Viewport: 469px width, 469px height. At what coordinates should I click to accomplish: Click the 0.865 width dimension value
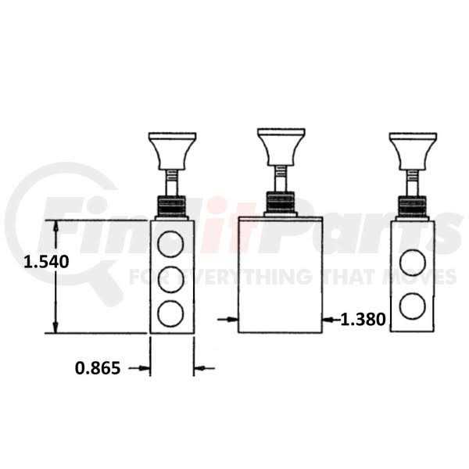point(98,367)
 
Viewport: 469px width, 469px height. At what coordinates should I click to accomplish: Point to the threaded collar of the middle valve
point(280,203)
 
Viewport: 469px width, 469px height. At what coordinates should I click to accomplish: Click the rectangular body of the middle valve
point(280,274)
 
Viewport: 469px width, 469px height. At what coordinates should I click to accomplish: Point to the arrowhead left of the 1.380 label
point(328,319)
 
